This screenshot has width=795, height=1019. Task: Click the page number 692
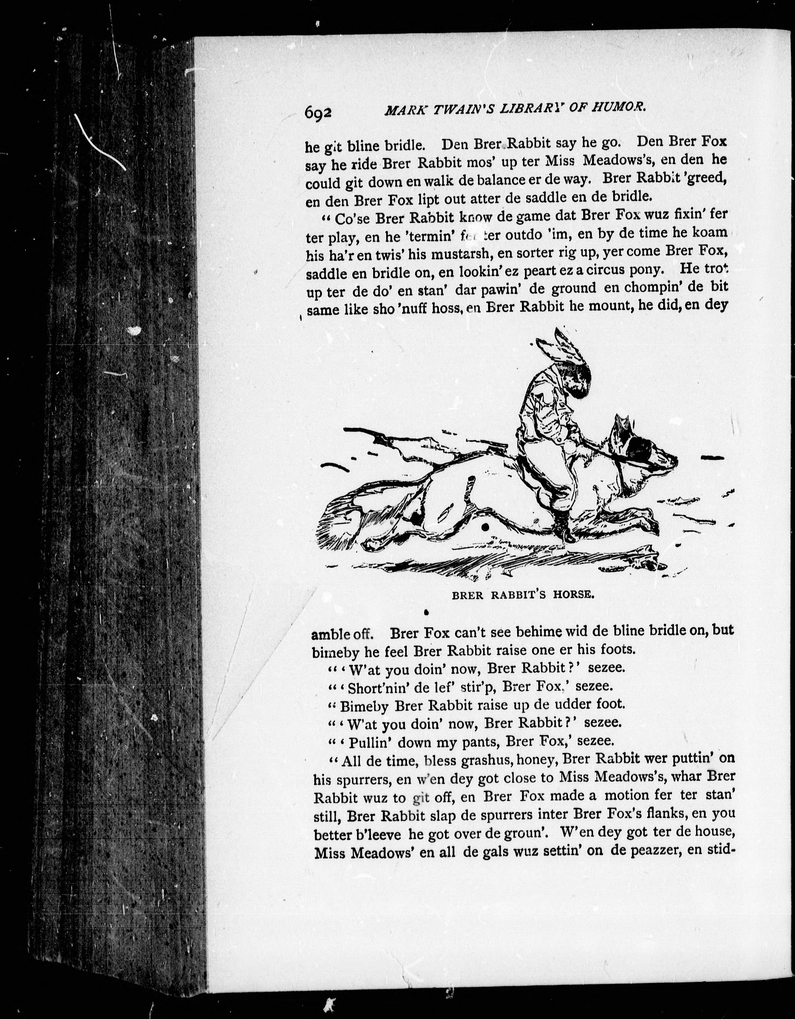click(x=318, y=113)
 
